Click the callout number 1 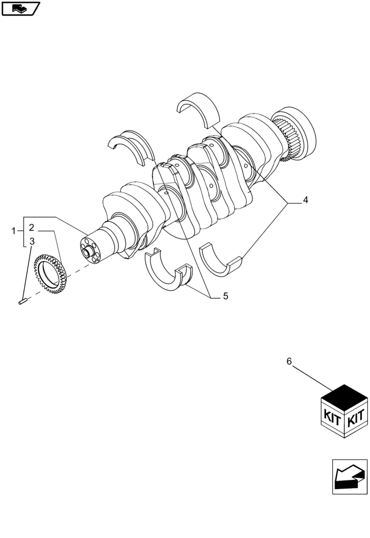pyautogui.click(x=14, y=231)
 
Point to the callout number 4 pyautogui.click(x=305, y=201)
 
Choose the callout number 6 pyautogui.click(x=289, y=362)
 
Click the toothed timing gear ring pyautogui.click(x=50, y=274)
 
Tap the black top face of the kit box pyautogui.click(x=344, y=399)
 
